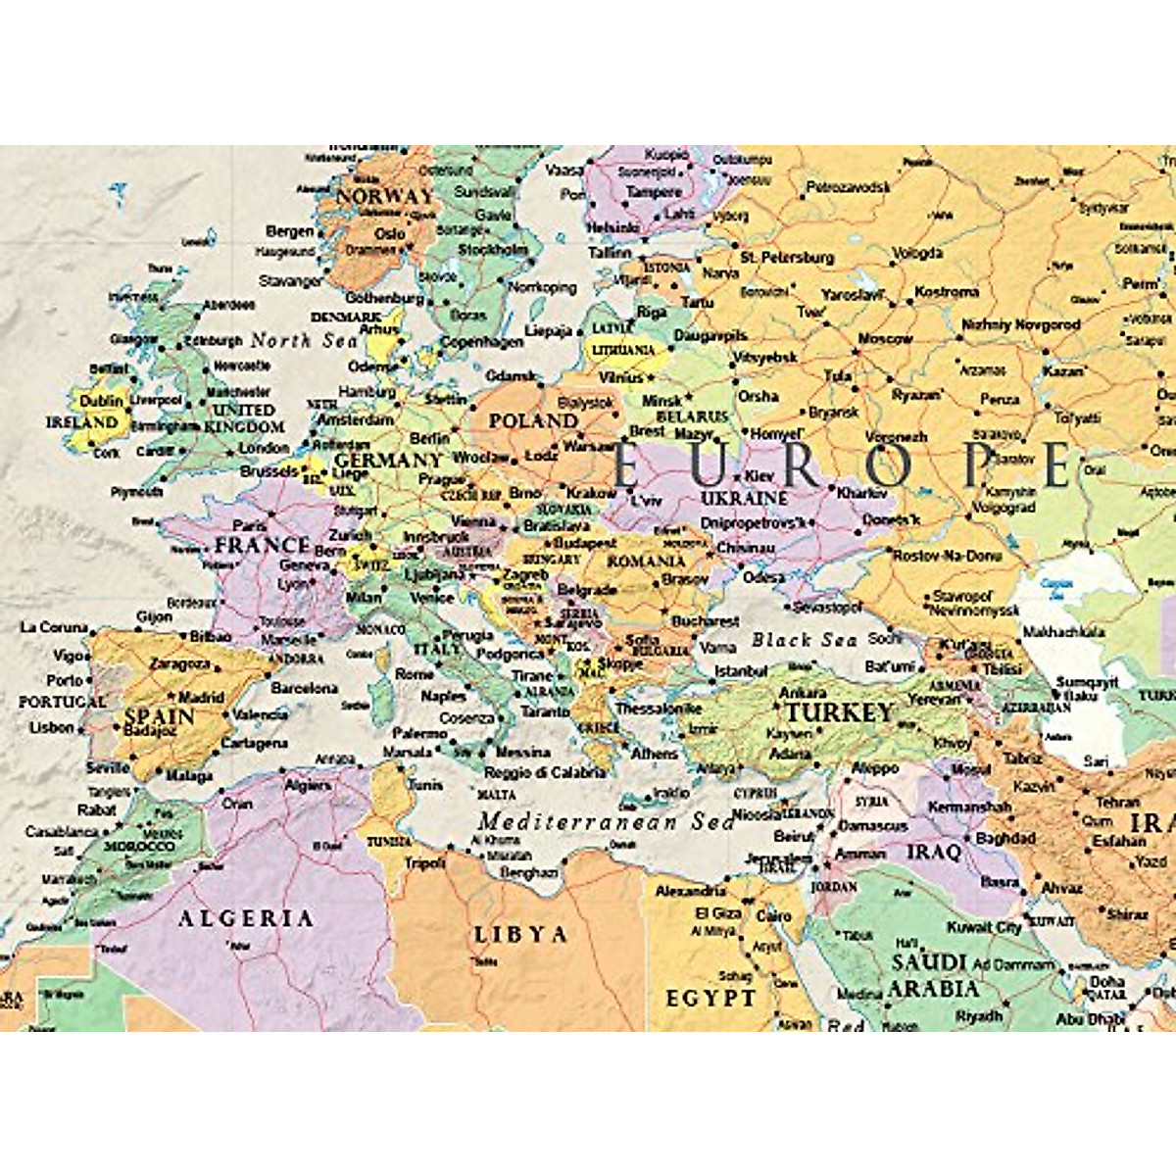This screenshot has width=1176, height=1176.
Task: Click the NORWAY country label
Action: click(x=384, y=196)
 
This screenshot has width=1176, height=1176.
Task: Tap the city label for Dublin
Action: click(x=102, y=401)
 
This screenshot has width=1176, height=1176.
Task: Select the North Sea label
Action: click(x=305, y=340)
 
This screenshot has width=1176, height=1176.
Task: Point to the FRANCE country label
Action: click(x=262, y=545)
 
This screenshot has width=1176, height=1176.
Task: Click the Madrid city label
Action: click(x=202, y=698)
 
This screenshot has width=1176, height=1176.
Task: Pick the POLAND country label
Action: click(x=533, y=420)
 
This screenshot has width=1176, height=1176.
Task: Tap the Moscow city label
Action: click(x=885, y=339)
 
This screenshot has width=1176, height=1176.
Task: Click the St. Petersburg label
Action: click(x=787, y=258)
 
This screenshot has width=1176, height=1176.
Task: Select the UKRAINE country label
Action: click(x=744, y=498)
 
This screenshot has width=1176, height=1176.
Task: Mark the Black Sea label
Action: click(x=804, y=640)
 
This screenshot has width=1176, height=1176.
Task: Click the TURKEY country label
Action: click(x=840, y=712)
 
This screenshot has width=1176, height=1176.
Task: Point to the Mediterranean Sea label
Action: click(x=606, y=821)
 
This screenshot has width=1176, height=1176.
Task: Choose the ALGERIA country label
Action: click(x=245, y=918)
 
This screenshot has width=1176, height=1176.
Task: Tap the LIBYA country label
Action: click(x=520, y=934)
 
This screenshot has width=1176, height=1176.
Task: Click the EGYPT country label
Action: click(x=710, y=999)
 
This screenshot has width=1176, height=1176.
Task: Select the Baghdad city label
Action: click(x=1005, y=839)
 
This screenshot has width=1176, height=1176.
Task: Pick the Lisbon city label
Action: click(x=52, y=727)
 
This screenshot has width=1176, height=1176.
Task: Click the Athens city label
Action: click(x=654, y=754)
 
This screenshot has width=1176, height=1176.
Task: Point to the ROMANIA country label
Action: click(x=646, y=562)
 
